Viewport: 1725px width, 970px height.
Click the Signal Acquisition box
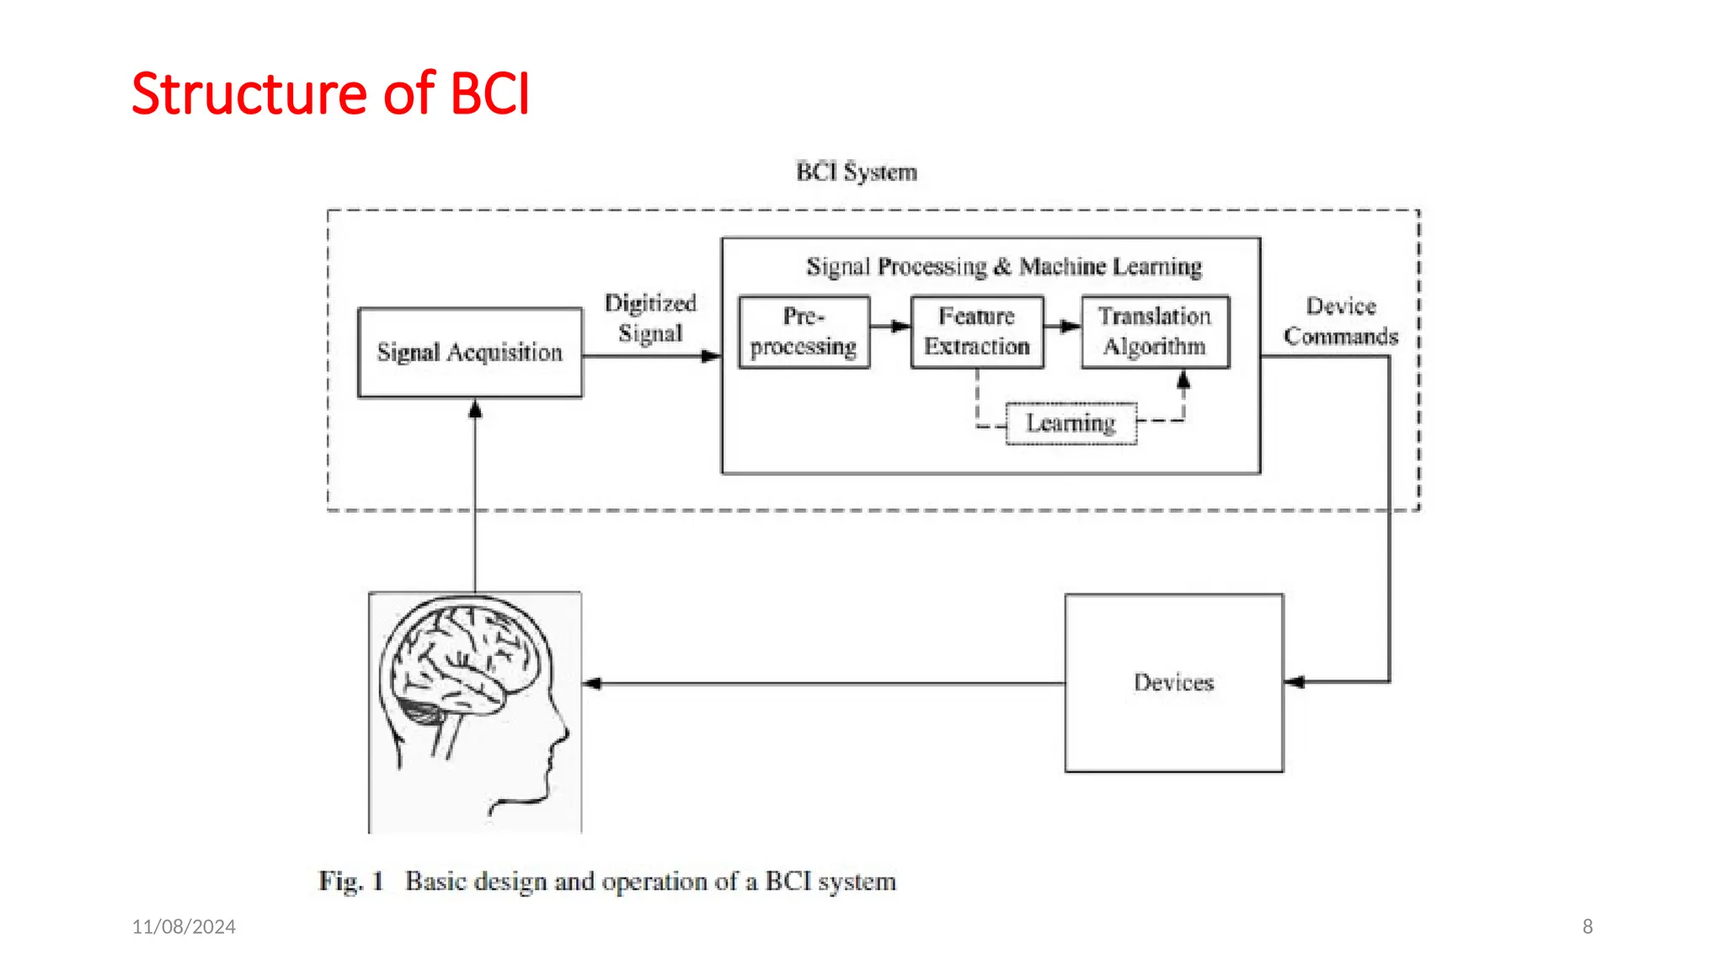[470, 352]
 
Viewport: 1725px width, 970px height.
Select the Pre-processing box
[804, 332]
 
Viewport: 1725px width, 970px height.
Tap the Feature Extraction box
[977, 332]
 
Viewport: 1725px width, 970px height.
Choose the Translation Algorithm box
[1155, 332]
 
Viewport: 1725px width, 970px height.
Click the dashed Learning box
[1071, 423]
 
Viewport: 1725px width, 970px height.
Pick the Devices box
[1173, 683]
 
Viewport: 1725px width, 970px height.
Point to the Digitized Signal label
[650, 318]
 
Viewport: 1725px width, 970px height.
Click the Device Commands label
[1341, 321]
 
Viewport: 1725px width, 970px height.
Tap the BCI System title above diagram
[857, 172]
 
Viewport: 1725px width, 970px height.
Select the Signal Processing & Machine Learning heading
[1004, 267]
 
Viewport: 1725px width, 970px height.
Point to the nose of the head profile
[563, 734]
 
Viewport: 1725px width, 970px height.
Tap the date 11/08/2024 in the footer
[184, 926]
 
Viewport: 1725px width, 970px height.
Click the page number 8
[1587, 926]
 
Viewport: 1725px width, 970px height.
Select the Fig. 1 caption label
[351, 882]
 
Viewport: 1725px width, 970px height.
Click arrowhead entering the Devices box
[1295, 682]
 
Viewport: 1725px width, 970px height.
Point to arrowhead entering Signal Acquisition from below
[475, 409]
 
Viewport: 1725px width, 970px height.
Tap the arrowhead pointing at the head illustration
[592, 683]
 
